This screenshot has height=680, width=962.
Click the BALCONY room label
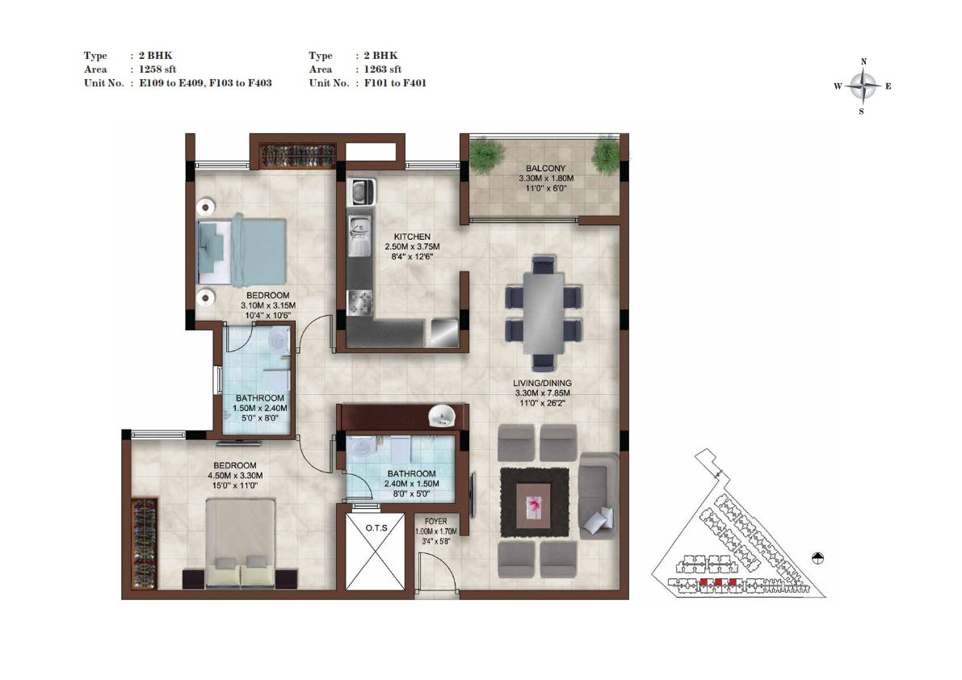545,168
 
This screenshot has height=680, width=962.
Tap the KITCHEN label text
412,237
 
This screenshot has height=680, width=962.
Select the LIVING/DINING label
542,384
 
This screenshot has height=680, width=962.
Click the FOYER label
435,521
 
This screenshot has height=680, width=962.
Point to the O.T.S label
376,528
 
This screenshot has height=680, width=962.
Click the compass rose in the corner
863,86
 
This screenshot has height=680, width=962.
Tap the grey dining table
544,313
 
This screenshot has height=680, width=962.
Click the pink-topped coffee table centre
533,506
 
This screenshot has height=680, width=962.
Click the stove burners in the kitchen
359,303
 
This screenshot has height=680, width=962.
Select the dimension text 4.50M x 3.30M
235,475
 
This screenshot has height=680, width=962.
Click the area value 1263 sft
382,69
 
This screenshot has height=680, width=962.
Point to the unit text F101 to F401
395,82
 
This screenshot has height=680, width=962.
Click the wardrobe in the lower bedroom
144,543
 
